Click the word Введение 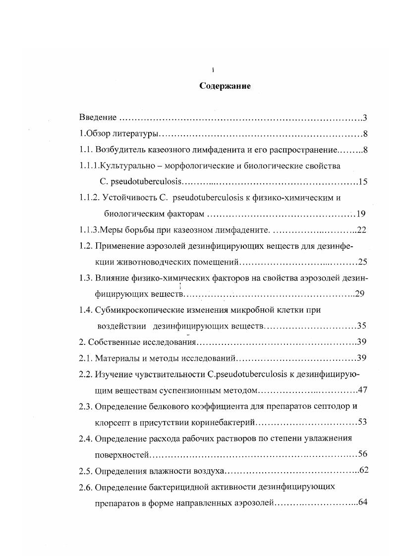[x=98, y=117]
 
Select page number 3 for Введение [x=364, y=117]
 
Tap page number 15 [x=362, y=181]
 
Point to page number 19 [x=360, y=214]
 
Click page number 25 [x=362, y=262]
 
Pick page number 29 [x=360, y=294]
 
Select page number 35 [x=362, y=326]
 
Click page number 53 [x=362, y=422]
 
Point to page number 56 [x=362, y=454]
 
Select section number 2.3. [x=85, y=406]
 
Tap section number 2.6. [x=85, y=487]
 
